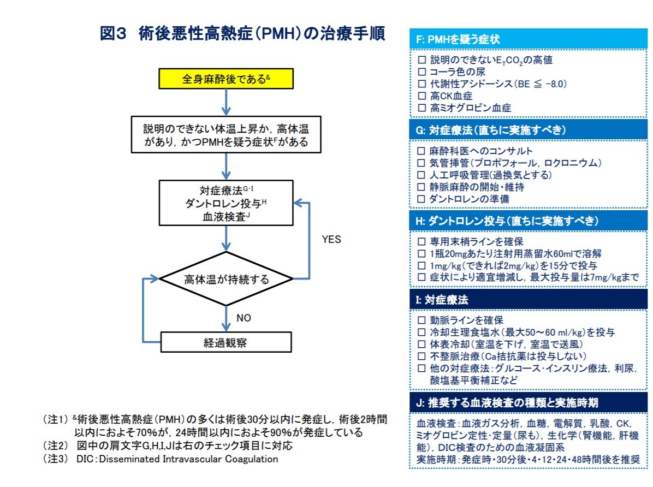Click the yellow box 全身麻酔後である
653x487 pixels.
[226, 79]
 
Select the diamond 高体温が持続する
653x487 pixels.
[226, 278]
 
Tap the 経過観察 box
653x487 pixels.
[226, 342]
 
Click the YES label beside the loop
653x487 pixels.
[331, 239]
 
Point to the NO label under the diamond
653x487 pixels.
[244, 318]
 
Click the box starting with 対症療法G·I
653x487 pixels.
[226, 203]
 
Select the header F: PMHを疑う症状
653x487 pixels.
[528, 39]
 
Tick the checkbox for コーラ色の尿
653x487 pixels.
[422, 72]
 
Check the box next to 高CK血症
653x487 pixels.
[422, 96]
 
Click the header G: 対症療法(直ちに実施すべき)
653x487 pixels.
[528, 130]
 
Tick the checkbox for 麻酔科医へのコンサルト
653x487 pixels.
[422, 151]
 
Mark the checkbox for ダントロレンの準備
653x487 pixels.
[422, 199]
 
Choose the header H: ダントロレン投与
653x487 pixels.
[528, 221]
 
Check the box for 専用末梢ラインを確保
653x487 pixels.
[422, 242]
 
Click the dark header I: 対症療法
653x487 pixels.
[528, 300]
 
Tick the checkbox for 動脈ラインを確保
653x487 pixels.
[422, 320]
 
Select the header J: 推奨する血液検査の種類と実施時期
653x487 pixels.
[528, 402]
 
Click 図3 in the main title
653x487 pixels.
[113, 33]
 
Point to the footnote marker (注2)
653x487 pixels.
[55, 446]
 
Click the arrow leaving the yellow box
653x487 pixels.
[226, 102]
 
